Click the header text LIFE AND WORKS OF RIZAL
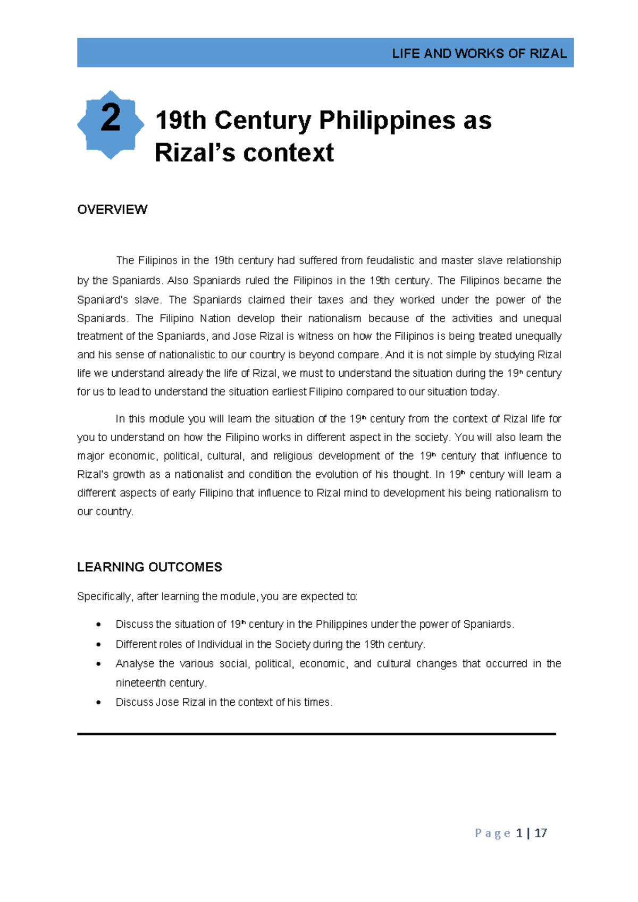(x=479, y=54)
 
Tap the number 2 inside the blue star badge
(x=111, y=118)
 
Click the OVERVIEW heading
(x=112, y=209)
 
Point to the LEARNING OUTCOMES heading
(x=149, y=567)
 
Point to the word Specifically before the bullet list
(x=104, y=596)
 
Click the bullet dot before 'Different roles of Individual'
(x=98, y=645)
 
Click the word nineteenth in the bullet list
(x=141, y=683)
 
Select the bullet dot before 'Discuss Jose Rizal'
(x=98, y=703)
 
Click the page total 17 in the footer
(x=541, y=833)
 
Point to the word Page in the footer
(x=492, y=833)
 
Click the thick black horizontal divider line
(x=316, y=734)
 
